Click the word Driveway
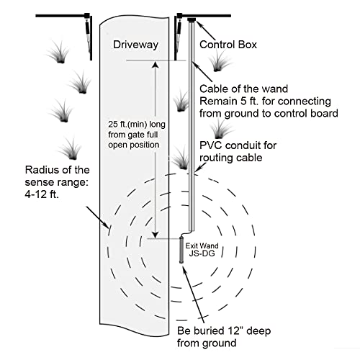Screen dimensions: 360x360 [x=135, y=45]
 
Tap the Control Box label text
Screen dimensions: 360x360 [x=228, y=45]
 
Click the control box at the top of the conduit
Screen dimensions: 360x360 [x=192, y=19]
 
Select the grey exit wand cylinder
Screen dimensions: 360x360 [x=182, y=250]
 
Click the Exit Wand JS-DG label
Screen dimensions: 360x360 [x=202, y=249]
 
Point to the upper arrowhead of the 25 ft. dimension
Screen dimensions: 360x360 [x=156, y=64]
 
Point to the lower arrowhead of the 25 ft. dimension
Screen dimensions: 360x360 [x=156, y=235]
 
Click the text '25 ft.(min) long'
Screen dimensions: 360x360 [x=137, y=125]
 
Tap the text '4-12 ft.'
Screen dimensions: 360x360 [x=42, y=194]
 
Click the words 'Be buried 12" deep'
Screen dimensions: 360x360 [x=224, y=330]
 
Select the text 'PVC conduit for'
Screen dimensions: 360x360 [x=238, y=145]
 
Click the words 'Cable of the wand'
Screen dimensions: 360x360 [x=243, y=89]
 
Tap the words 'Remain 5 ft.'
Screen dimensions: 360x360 [x=229, y=102]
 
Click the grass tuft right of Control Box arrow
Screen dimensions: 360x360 [x=219, y=62]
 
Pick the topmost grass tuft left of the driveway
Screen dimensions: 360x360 [x=59, y=53]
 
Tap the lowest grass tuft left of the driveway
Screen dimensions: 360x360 [x=70, y=149]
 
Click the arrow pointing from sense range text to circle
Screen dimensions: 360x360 [x=96, y=216]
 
